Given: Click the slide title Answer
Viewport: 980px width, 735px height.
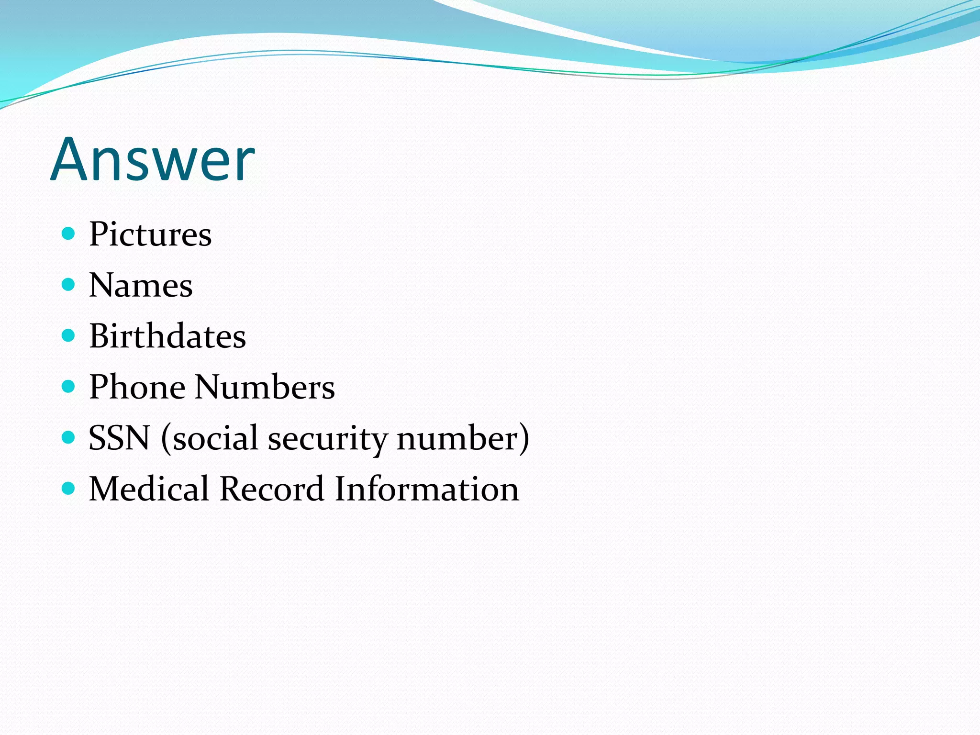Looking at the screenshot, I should click(x=153, y=159).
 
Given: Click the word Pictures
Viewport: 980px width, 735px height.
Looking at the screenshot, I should click(x=150, y=234).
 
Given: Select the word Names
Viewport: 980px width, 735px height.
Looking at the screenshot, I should click(x=141, y=285).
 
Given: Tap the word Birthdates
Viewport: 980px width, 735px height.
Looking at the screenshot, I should click(x=167, y=336).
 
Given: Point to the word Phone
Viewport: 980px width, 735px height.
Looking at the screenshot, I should click(x=137, y=387).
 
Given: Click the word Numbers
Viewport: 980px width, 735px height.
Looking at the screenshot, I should click(x=265, y=387).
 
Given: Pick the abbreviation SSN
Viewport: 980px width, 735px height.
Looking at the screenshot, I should click(x=119, y=438).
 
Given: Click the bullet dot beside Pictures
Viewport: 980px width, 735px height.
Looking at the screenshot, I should click(x=69, y=234).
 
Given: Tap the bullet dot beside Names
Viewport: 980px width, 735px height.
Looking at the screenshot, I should click(x=69, y=285).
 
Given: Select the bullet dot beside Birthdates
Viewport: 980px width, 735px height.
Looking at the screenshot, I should click(x=69, y=335).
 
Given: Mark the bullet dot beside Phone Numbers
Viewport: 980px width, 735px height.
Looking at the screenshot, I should click(x=69, y=386).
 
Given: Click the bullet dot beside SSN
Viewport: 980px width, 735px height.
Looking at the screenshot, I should click(x=69, y=437).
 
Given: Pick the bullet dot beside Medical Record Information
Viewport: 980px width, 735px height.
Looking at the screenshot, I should click(x=69, y=488).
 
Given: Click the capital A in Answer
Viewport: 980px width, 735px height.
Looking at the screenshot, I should click(x=70, y=159).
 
